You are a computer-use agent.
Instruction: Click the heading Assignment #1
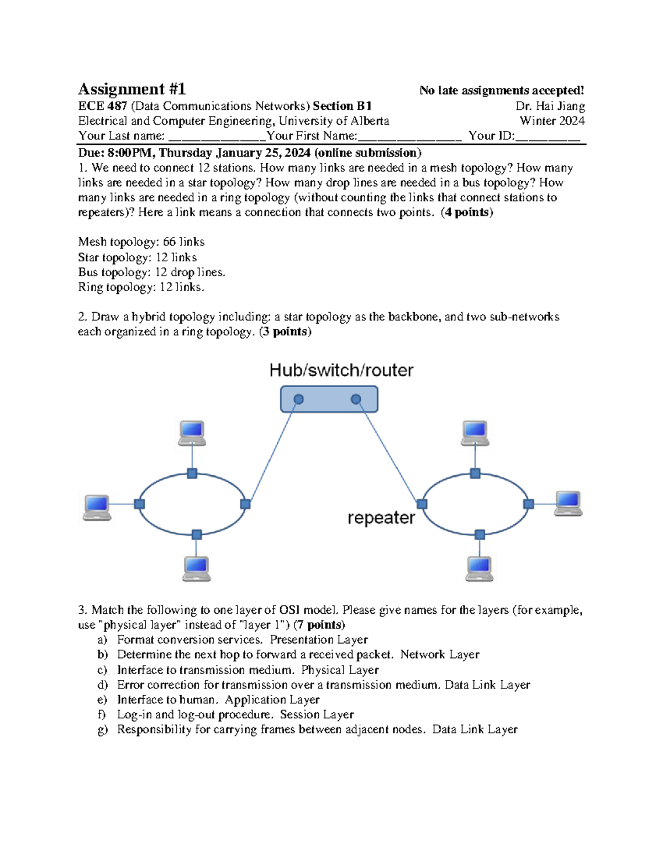tap(131, 89)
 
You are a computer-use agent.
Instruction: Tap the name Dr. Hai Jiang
tap(550, 106)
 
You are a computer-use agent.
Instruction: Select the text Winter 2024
tap(551, 121)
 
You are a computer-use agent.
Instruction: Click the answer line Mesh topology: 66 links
tap(141, 242)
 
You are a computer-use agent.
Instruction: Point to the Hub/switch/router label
tap(341, 370)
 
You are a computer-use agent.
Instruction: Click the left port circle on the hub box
tap(298, 399)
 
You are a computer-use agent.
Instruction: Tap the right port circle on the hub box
tap(356, 399)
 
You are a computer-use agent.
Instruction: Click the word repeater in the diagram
tap(381, 518)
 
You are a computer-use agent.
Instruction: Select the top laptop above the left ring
tap(192, 433)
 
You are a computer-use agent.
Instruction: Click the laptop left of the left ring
tap(97, 507)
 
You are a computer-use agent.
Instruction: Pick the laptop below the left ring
tap(197, 568)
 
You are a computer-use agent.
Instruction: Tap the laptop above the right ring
tap(475, 433)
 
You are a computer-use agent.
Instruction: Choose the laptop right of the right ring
tap(569, 503)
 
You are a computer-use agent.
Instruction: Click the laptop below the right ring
tap(479, 568)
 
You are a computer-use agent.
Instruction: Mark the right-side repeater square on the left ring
tap(245, 504)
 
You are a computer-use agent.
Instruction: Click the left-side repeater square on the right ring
tap(422, 504)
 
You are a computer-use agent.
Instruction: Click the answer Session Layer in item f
tap(317, 715)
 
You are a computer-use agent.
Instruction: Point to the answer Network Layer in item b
tap(440, 655)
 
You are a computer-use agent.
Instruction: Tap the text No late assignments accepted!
tap(501, 91)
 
